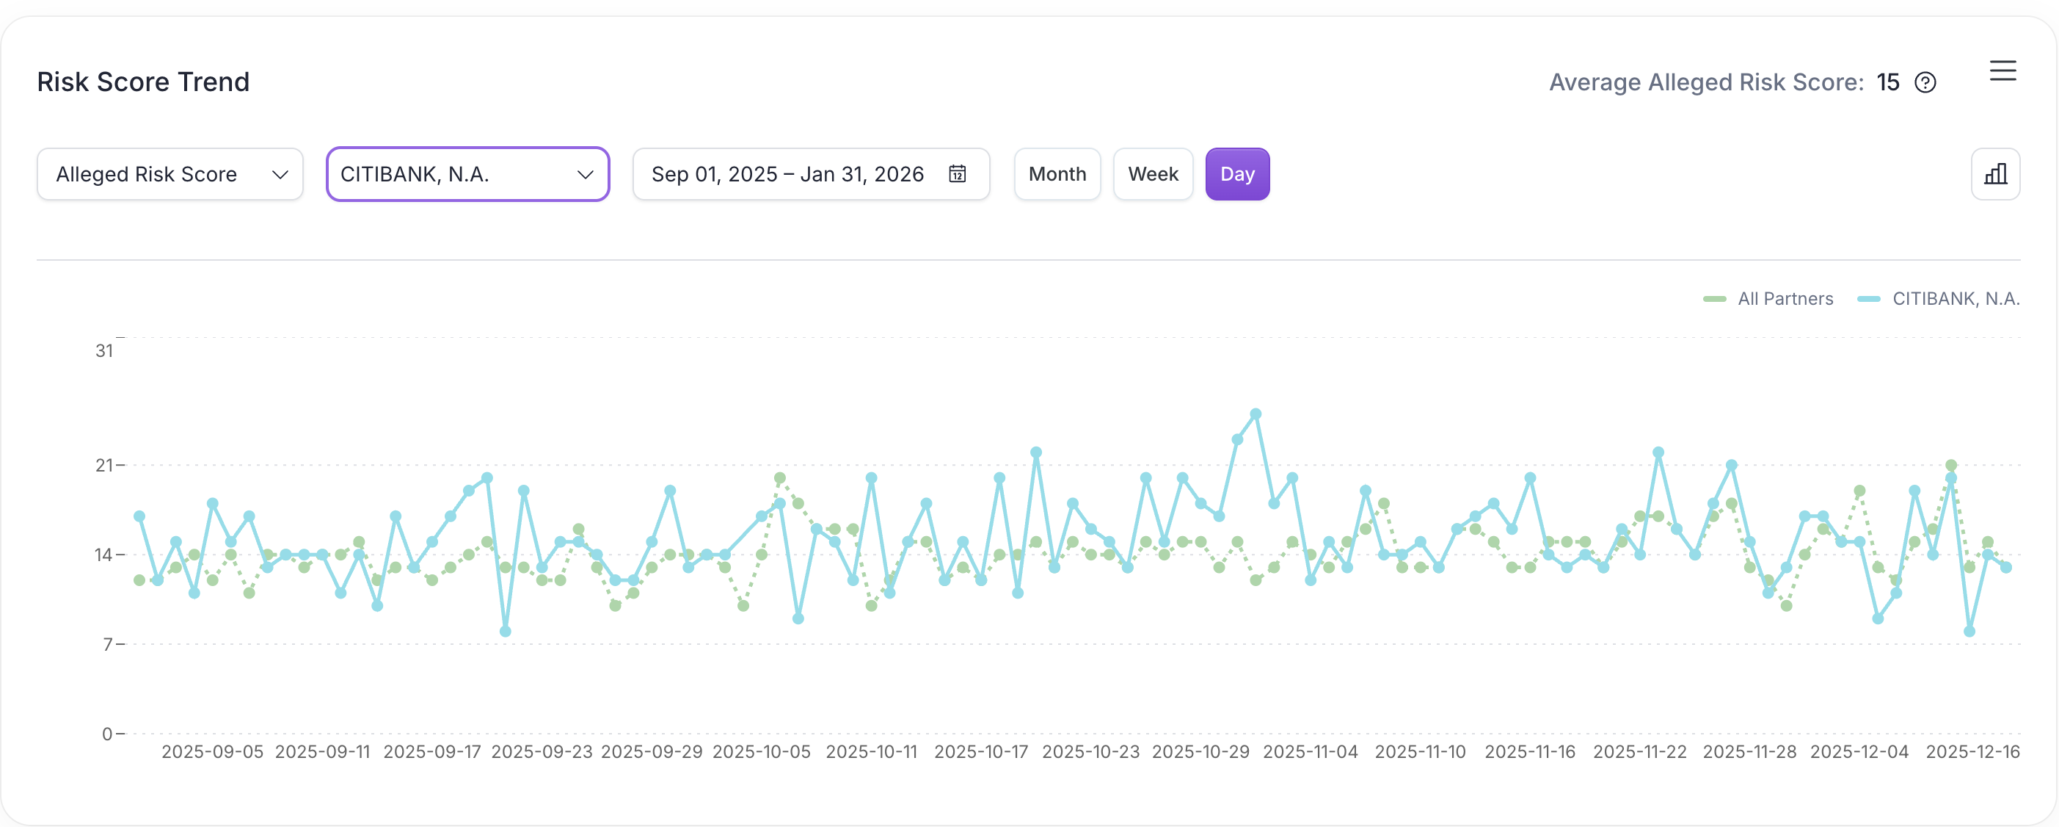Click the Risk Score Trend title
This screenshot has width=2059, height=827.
pyautogui.click(x=143, y=82)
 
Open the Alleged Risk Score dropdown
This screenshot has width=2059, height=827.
pyautogui.click(x=170, y=174)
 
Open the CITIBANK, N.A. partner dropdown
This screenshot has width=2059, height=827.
pyautogui.click(x=467, y=174)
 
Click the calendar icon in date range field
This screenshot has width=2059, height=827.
pyautogui.click(x=957, y=174)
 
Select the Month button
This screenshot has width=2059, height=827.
pyautogui.click(x=1057, y=174)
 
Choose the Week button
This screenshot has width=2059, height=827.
pyautogui.click(x=1153, y=174)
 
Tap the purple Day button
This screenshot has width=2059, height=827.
pyautogui.click(x=1236, y=174)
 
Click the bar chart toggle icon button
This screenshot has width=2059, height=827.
pyautogui.click(x=1995, y=174)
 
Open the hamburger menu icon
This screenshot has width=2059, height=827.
pyautogui.click(x=2002, y=71)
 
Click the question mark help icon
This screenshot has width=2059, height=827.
pyautogui.click(x=1925, y=83)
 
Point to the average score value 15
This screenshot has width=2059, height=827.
pyautogui.click(x=1887, y=82)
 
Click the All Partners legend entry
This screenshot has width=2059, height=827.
pyautogui.click(x=1768, y=299)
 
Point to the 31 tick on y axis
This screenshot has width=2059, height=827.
pyautogui.click(x=104, y=350)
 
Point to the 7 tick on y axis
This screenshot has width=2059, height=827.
pyautogui.click(x=108, y=644)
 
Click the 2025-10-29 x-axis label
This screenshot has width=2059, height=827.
pyautogui.click(x=1200, y=752)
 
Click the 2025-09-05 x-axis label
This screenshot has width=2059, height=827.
pyautogui.click(x=212, y=752)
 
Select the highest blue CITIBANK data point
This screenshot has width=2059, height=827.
pyautogui.click(x=1256, y=414)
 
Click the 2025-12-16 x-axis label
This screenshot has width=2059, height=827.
pyautogui.click(x=1972, y=752)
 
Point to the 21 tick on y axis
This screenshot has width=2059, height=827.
pyautogui.click(x=104, y=465)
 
